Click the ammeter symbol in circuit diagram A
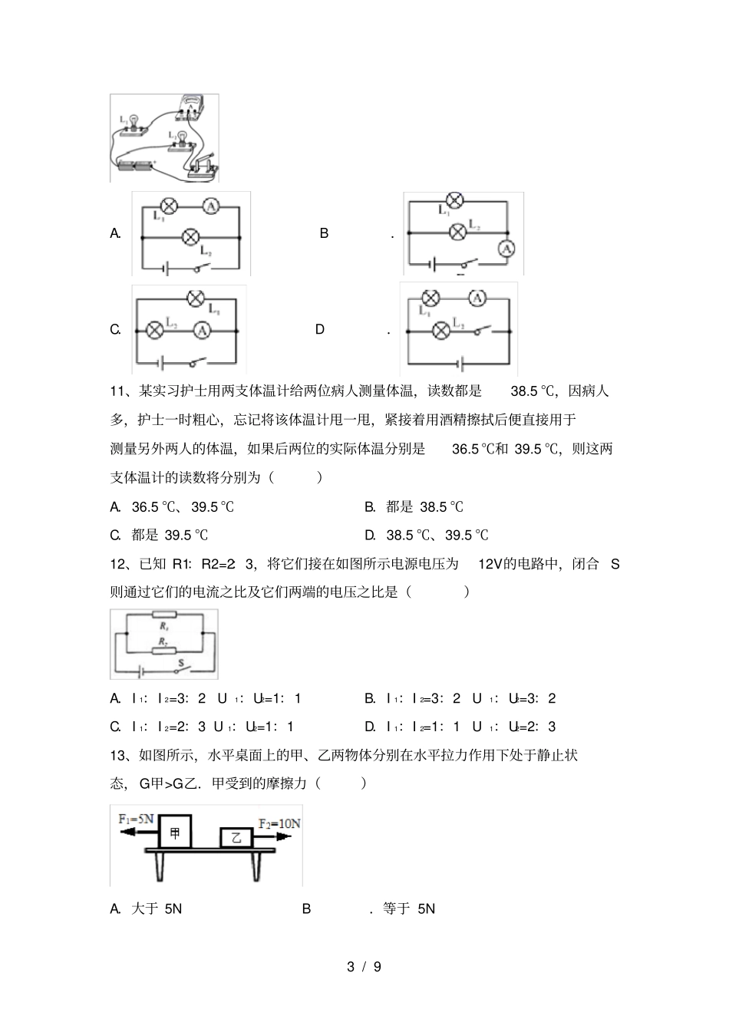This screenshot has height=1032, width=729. (x=213, y=206)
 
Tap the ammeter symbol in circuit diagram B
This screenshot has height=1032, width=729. (x=505, y=248)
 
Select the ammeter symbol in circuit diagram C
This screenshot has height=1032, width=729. (x=202, y=330)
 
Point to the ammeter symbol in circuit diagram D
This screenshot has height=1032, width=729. (x=477, y=298)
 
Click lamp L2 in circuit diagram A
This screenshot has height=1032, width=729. (x=190, y=237)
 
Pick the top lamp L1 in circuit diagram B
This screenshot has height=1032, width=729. (x=455, y=201)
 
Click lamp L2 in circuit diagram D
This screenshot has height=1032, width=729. (x=441, y=331)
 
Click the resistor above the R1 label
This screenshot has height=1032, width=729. (x=164, y=614)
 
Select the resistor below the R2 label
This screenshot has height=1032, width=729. (x=164, y=651)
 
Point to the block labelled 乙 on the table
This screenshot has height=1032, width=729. (x=236, y=838)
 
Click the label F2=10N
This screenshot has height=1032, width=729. (x=279, y=823)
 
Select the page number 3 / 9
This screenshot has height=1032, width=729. (x=364, y=967)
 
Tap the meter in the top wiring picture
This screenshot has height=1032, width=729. (x=191, y=108)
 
